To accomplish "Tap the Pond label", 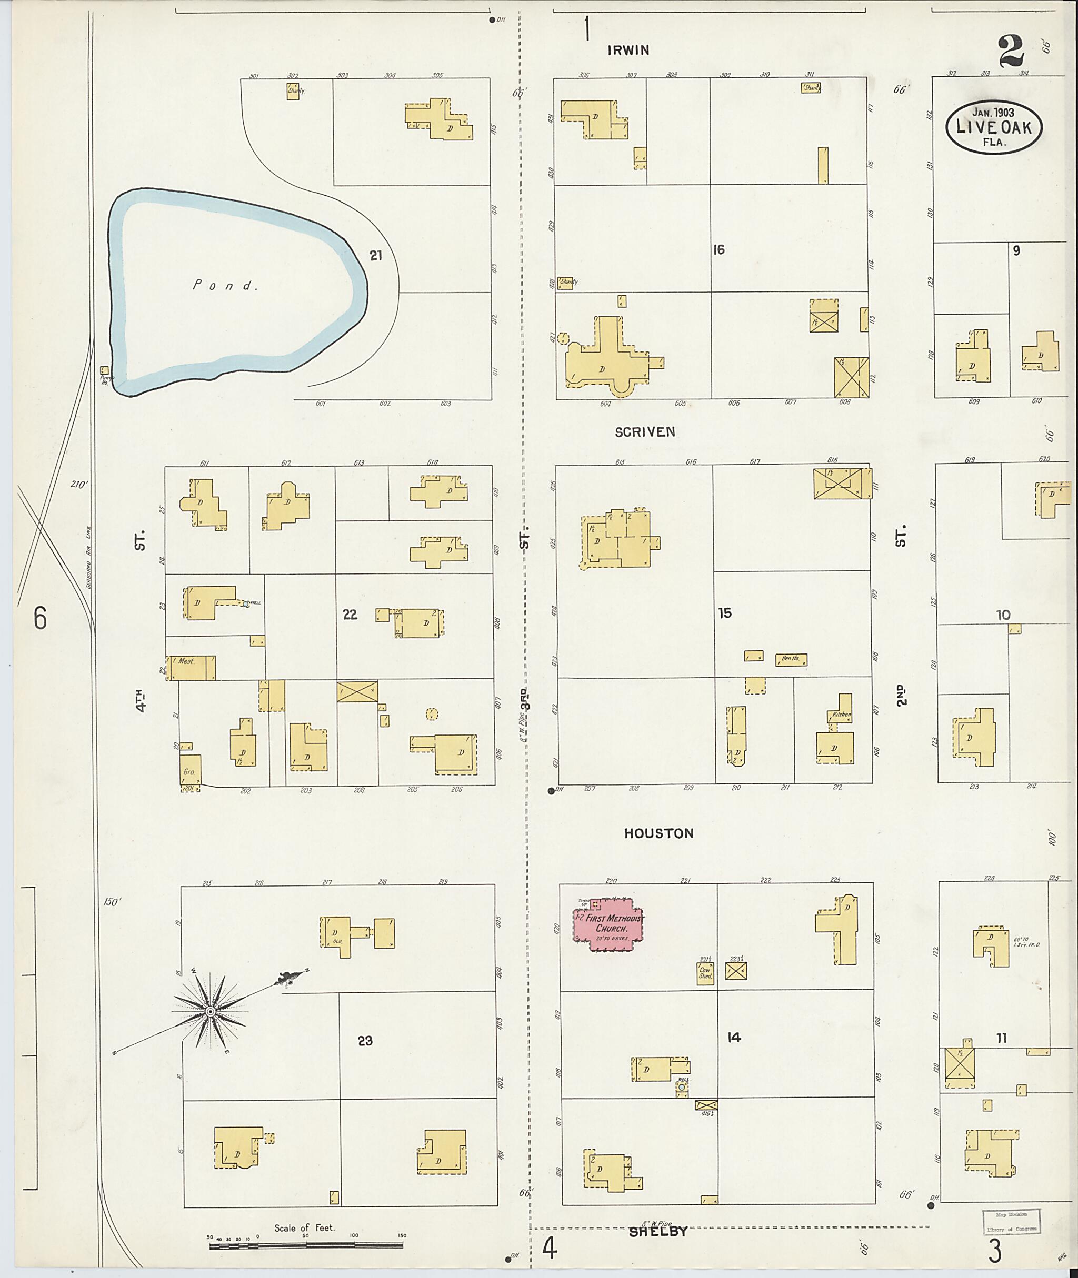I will click(223, 285).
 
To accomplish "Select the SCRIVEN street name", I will click(645, 432).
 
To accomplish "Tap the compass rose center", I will click(210, 1012).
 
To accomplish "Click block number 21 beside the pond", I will click(375, 256).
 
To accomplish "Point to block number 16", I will click(718, 249).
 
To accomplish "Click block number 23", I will click(365, 1041).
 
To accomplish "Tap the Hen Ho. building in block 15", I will click(791, 659).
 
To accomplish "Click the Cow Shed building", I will click(705, 972).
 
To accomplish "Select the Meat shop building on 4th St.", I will click(191, 668).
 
